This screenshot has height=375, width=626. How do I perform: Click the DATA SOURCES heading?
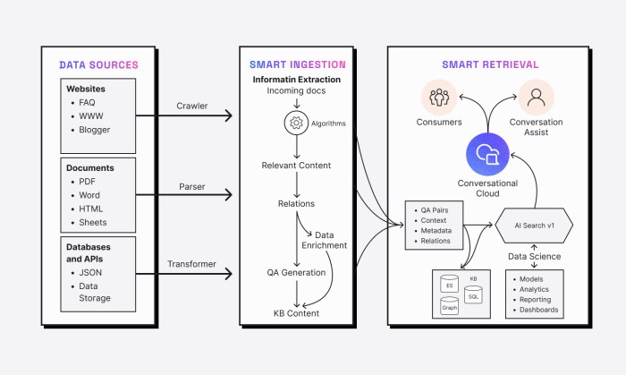98,65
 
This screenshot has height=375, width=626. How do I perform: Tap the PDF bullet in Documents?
88,182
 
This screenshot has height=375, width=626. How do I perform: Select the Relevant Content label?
296,166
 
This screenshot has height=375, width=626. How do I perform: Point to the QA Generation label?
296,272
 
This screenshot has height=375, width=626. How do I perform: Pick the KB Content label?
296,313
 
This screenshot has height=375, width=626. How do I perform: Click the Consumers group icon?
439,96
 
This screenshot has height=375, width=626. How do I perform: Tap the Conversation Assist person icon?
536,96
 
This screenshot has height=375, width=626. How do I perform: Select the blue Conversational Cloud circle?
487,153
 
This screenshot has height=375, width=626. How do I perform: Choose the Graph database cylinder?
449,306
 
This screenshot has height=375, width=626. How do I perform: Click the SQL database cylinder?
473,294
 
